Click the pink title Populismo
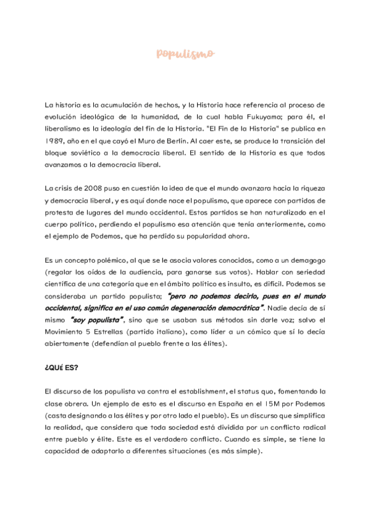185,54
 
